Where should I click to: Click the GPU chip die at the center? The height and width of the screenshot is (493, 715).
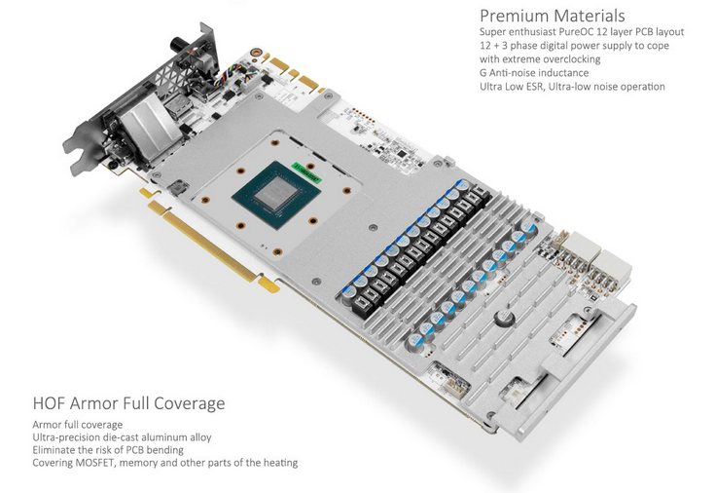click(x=273, y=194)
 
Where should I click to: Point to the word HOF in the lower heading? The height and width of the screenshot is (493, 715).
click(x=49, y=403)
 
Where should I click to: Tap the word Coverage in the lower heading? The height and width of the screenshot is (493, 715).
click(x=190, y=404)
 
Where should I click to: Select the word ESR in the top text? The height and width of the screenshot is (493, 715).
click(x=533, y=87)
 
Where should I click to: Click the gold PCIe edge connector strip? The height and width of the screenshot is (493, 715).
click(x=210, y=243)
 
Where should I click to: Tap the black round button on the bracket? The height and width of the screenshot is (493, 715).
click(x=176, y=45)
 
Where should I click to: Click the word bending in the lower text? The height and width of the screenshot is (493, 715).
click(x=165, y=450)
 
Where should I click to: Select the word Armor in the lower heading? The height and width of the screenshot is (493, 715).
click(x=90, y=403)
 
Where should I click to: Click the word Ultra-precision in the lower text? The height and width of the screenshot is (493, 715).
click(x=64, y=437)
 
